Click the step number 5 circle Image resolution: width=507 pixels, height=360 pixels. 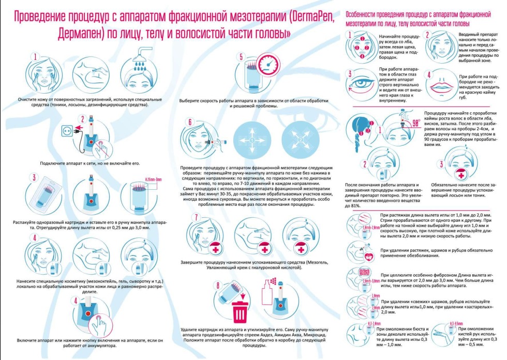[x=240, y=58]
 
